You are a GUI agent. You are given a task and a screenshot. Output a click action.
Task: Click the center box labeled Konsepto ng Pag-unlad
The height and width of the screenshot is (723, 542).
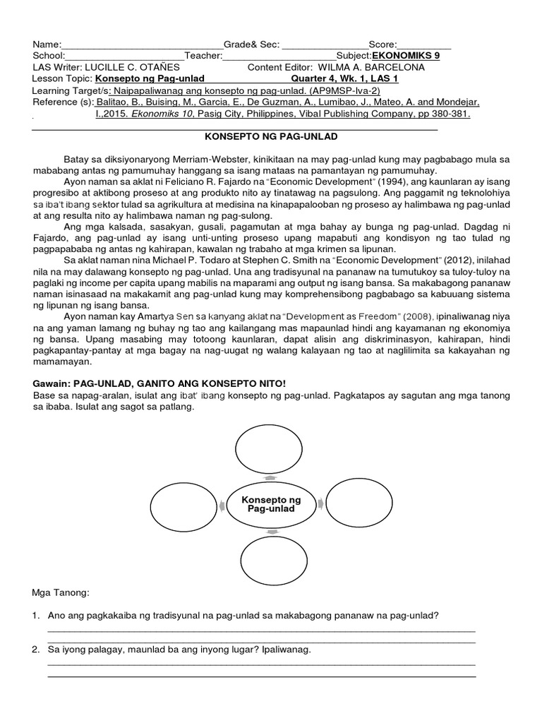coord(271,504)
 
